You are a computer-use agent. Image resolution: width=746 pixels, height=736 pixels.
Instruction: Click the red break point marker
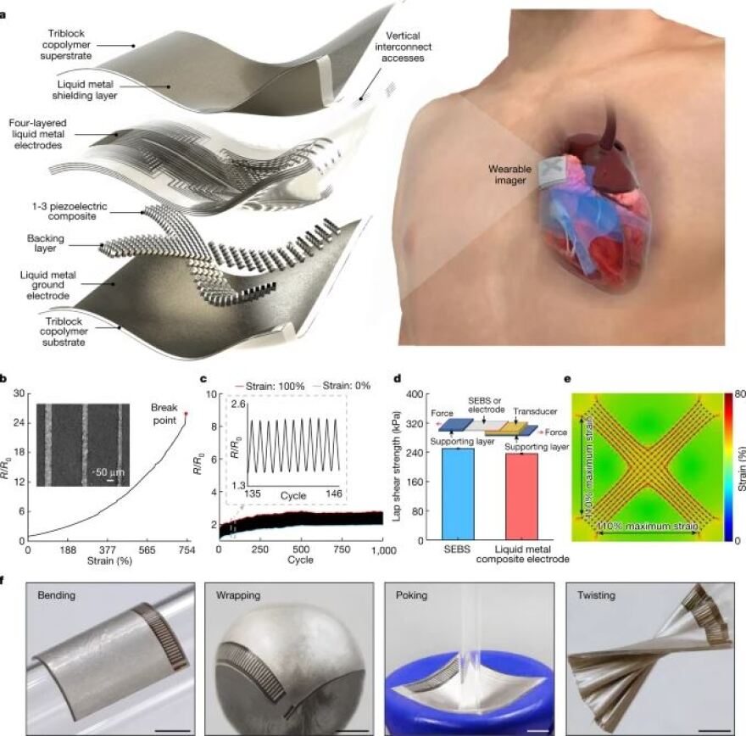coord(186,414)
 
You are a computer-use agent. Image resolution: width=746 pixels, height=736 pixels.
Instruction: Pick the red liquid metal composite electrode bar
coord(521,497)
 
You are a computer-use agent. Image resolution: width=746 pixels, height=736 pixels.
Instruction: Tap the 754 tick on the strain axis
coord(186,550)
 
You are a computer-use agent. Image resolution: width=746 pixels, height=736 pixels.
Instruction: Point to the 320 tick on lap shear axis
coord(415,424)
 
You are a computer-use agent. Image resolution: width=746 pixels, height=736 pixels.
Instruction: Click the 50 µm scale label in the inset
coord(110,472)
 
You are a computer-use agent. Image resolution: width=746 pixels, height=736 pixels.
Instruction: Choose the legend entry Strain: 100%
coord(270,387)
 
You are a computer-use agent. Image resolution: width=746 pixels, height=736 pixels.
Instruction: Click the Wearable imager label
coord(510,175)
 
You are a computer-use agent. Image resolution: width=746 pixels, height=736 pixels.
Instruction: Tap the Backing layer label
coord(45,243)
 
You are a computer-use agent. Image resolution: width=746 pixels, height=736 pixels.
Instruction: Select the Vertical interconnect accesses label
coord(403,47)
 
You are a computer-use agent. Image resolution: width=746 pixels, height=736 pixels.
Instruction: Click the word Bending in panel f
coord(56,595)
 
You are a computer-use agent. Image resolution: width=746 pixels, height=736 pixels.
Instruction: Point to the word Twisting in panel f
coord(596,595)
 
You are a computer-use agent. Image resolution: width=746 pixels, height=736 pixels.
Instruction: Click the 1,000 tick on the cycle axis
coord(383,550)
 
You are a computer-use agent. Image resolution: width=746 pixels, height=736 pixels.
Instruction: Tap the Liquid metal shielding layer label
coord(85,90)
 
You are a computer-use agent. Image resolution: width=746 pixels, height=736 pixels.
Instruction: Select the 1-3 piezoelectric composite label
coord(70,211)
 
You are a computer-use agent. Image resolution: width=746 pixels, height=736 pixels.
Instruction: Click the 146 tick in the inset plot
coord(333,493)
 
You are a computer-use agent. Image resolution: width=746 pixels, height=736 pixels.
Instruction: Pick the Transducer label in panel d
coord(535,411)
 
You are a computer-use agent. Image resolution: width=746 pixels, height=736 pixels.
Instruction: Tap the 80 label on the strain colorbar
coord(740,394)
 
